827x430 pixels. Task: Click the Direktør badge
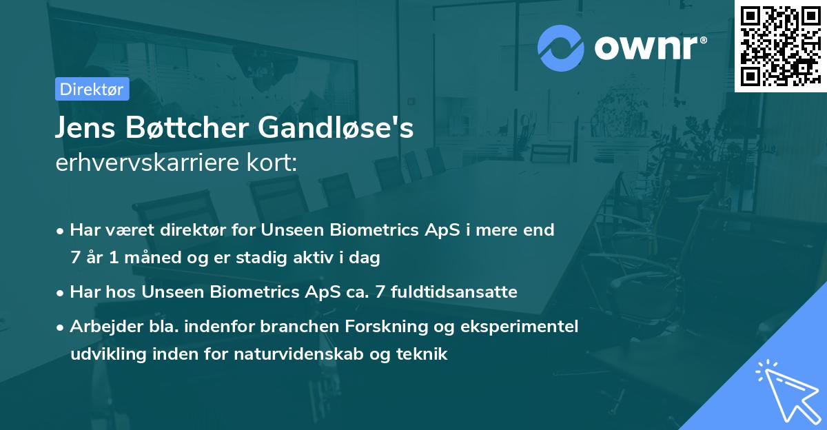[92, 89]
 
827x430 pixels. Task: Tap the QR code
[781, 45]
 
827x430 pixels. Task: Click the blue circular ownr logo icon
[561, 48]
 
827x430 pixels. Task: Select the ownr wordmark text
[646, 48]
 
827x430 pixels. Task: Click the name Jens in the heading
[85, 127]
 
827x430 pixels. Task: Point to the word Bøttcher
[187, 127]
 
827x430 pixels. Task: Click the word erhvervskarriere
[147, 163]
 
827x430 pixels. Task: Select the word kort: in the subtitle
[272, 163]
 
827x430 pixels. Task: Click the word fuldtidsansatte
[454, 292]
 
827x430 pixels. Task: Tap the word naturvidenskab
[298, 354]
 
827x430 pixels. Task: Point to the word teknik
[422, 354]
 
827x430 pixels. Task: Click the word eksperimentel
[519, 327]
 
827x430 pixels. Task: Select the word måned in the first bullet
[152, 257]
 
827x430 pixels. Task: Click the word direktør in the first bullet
[193, 230]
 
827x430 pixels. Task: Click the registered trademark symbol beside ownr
[703, 40]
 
